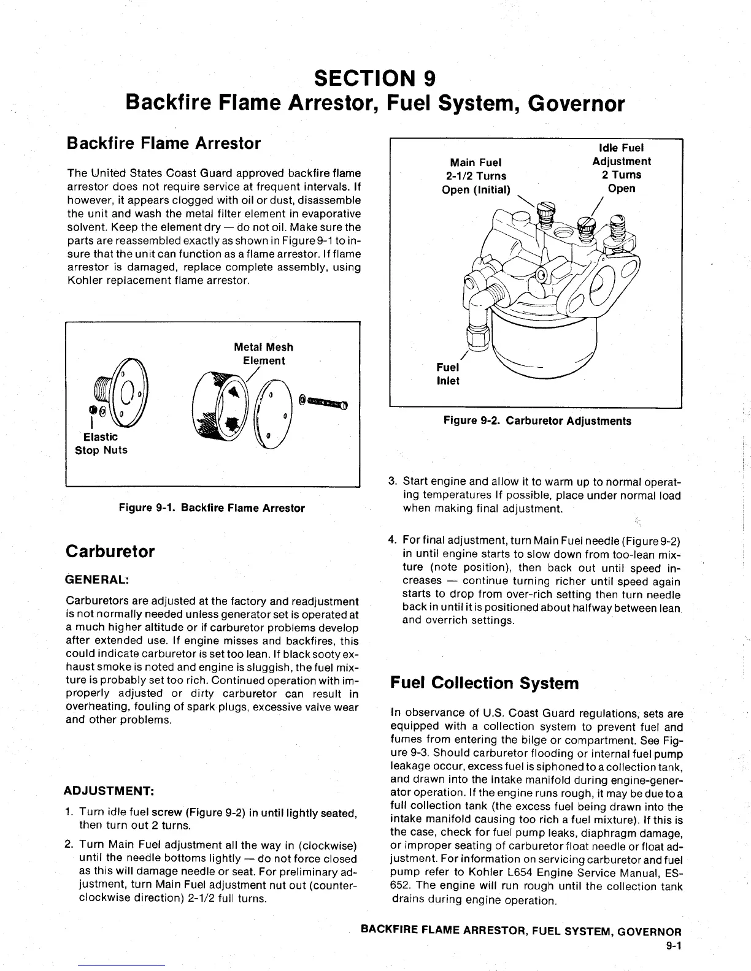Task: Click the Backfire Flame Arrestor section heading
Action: click(x=163, y=143)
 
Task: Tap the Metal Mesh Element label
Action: click(x=263, y=354)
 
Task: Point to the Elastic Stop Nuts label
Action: click(x=101, y=443)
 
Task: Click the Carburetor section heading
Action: click(x=110, y=551)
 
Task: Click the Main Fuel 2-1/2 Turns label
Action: click(x=476, y=176)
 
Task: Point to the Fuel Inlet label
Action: click(x=447, y=374)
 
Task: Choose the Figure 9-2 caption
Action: click(x=537, y=421)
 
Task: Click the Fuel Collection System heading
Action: click(x=484, y=683)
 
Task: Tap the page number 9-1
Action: click(x=674, y=945)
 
